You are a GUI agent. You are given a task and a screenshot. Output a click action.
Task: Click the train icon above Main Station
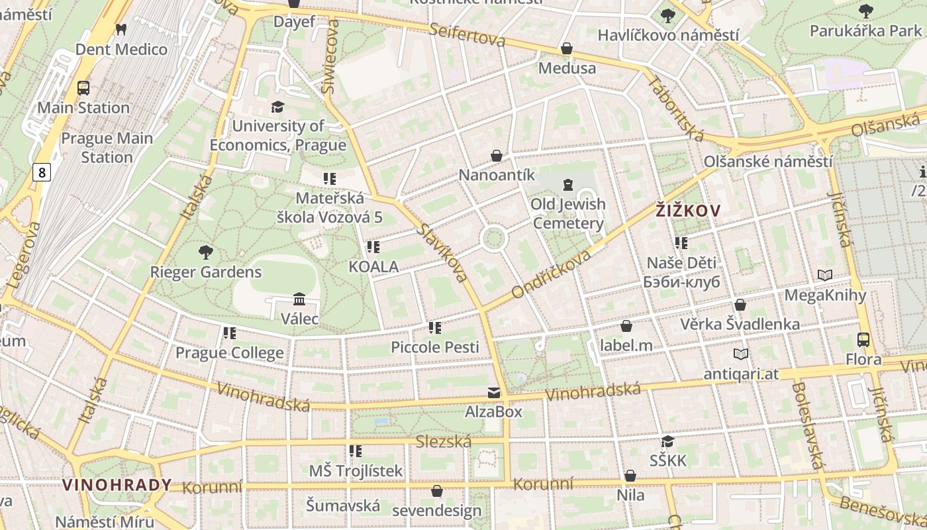83,87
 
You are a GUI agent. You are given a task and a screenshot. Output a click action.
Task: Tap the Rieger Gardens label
206,272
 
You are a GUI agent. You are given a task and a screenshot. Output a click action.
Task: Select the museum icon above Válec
299,299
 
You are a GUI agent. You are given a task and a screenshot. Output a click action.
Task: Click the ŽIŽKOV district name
688,211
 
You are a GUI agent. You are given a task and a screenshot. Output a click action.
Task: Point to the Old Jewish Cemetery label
568,213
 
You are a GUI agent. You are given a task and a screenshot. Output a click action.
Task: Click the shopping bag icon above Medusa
567,48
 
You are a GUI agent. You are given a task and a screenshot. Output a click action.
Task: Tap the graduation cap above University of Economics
277,107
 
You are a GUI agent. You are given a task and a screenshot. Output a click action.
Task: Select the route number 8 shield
42,173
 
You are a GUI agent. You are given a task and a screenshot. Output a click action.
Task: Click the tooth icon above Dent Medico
121,29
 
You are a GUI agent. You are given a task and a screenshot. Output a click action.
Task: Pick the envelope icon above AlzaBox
493,393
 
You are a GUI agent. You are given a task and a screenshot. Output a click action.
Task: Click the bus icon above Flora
863,340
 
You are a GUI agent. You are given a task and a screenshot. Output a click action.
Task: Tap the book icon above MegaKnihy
825,275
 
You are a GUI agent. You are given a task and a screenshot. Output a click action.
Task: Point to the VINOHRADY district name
117,485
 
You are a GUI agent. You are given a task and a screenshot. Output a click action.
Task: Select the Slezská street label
444,441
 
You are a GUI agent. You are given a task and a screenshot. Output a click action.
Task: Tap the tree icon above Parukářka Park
865,11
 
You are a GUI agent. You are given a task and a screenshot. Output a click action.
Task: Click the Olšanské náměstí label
768,161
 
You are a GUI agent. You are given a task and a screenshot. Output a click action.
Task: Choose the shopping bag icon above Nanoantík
497,156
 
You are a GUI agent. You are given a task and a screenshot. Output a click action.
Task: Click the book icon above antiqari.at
741,354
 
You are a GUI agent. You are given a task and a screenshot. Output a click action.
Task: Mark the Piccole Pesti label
435,347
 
